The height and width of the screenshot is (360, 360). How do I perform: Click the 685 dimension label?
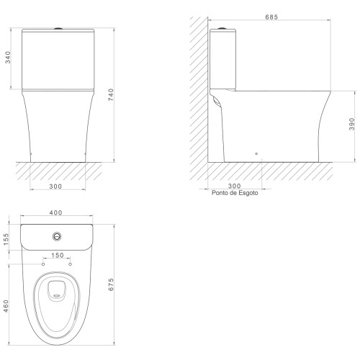pos(271,17)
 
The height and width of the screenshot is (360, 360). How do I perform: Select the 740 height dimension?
pos(111,94)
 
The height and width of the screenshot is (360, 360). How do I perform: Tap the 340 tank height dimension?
pos(8,57)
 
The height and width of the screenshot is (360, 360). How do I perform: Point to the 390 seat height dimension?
pos(351,124)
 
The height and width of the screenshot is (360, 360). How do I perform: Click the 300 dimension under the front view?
pos(55,186)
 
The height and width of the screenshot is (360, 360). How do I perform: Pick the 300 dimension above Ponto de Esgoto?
pos(234,186)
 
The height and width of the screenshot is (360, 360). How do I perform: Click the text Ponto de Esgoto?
pos(235,193)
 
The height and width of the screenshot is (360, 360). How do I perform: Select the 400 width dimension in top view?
pos(55,212)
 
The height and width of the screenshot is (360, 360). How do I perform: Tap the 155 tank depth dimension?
pos(6,239)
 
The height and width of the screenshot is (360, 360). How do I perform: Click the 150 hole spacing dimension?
pos(58,255)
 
